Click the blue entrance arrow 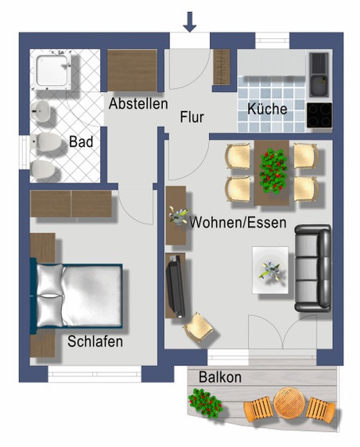[190, 21]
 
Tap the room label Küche [267, 109]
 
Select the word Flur [192, 118]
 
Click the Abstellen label [138, 103]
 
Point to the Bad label [81, 141]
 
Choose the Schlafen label [95, 341]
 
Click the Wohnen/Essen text [238, 222]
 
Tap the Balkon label [220, 377]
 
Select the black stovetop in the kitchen [319, 115]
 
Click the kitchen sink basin [319, 85]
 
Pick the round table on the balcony [289, 403]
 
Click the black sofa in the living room [313, 268]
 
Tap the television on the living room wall [176, 286]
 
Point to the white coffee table [270, 270]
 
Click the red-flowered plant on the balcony [205, 402]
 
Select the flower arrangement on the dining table [273, 171]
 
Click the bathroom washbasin [41, 111]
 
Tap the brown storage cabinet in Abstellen [132, 71]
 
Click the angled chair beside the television [199, 328]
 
